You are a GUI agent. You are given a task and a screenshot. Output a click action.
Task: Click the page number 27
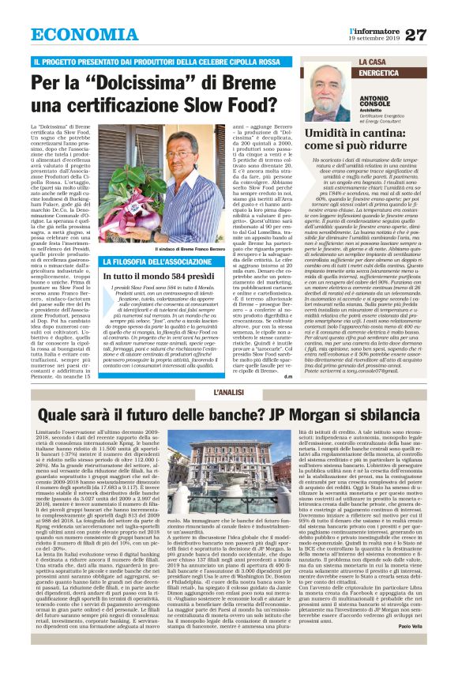point(437,35)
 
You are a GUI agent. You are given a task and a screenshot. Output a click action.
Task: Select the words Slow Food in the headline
point(237,104)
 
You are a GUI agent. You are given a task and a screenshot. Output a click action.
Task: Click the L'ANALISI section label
point(228,393)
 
